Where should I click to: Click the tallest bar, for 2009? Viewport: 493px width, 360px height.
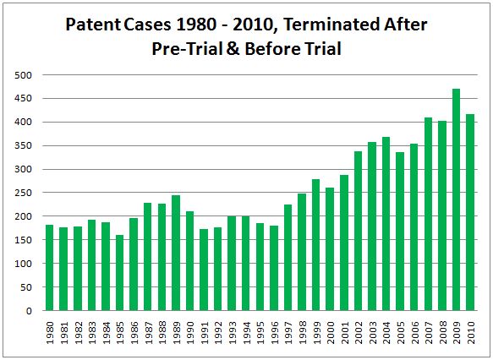click(x=456, y=199)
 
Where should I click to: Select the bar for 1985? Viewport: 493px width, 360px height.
click(x=120, y=273)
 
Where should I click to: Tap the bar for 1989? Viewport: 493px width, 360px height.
click(x=176, y=253)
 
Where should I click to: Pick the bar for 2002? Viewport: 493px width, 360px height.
click(x=358, y=231)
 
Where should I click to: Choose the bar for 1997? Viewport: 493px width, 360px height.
click(x=288, y=258)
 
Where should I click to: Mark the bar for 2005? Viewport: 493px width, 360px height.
click(x=400, y=232)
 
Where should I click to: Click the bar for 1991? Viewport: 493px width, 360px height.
click(x=204, y=270)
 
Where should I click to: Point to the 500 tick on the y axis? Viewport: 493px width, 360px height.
click(x=23, y=75)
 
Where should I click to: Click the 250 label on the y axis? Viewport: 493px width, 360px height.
click(x=23, y=193)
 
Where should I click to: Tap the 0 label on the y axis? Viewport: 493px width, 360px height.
click(x=29, y=311)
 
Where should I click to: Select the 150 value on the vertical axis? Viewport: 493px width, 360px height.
click(x=23, y=240)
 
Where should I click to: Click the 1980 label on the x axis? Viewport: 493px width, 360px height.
click(x=50, y=333)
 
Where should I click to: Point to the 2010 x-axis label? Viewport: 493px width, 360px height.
click(x=471, y=333)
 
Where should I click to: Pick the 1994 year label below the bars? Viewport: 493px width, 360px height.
click(x=246, y=333)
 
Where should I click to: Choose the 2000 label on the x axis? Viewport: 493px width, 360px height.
click(x=331, y=333)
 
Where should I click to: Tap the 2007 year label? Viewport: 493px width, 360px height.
click(x=429, y=333)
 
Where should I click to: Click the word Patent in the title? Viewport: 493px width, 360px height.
click(x=93, y=25)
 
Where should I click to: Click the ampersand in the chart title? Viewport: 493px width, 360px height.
click(x=233, y=49)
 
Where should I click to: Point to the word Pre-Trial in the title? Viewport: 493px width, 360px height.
click(x=187, y=49)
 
